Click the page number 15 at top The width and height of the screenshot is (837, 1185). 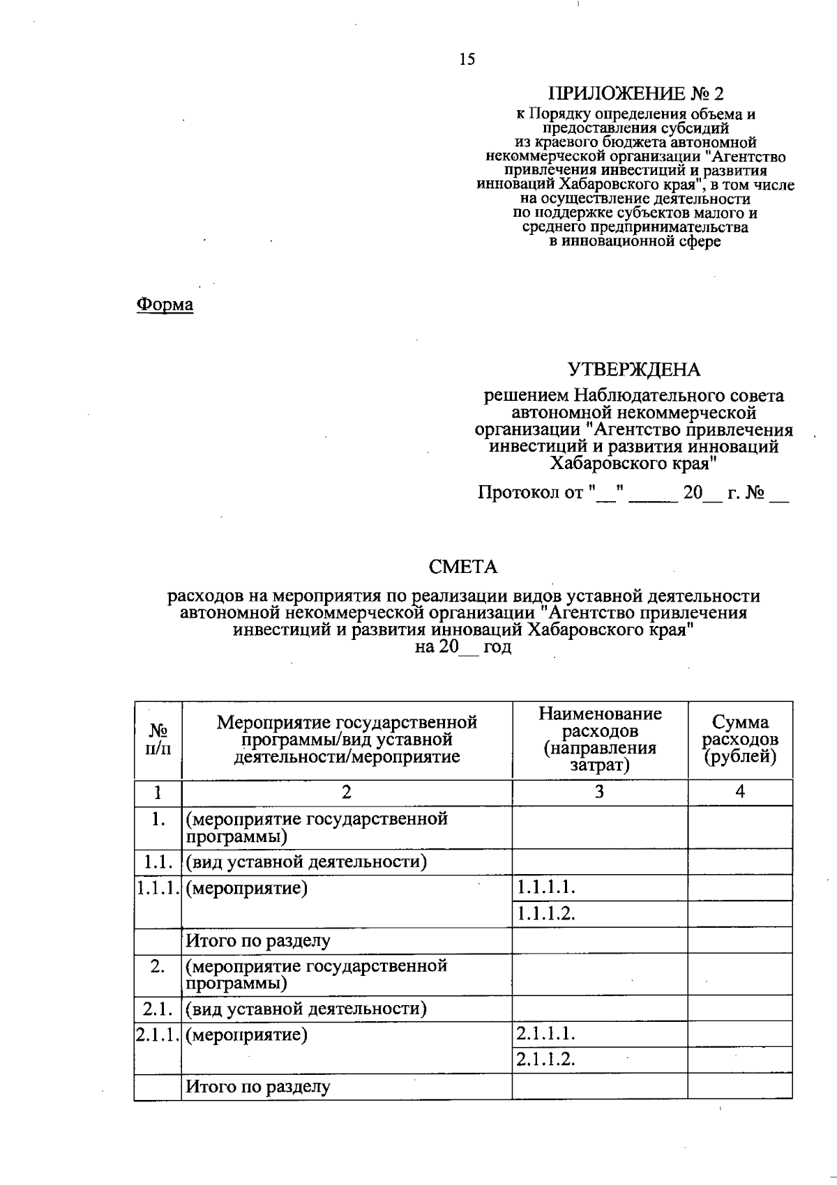467,59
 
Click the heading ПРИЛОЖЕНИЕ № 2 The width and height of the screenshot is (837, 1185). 636,93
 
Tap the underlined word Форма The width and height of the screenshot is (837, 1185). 165,305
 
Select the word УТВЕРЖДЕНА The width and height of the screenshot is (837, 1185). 633,369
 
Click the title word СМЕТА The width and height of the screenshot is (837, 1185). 463,567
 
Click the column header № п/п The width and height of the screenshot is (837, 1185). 158,740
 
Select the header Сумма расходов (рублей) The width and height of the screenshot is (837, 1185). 740,740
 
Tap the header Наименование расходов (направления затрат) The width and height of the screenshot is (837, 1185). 600,740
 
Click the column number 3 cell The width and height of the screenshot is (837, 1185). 600,792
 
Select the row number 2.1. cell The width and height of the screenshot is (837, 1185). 158,1009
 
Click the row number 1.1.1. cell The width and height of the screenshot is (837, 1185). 158,888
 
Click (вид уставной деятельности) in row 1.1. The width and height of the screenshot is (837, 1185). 306,862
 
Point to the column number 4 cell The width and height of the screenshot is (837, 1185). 740,792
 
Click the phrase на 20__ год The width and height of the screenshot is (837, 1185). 463,647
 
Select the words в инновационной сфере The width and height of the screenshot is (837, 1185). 635,242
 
